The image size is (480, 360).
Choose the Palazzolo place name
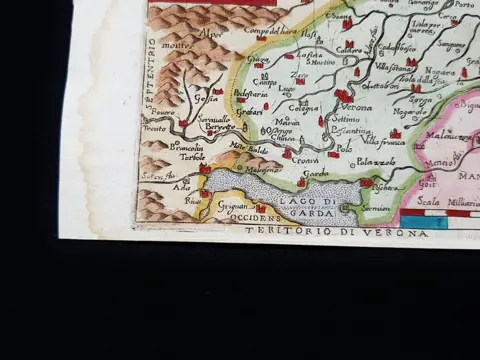(x=376, y=162)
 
